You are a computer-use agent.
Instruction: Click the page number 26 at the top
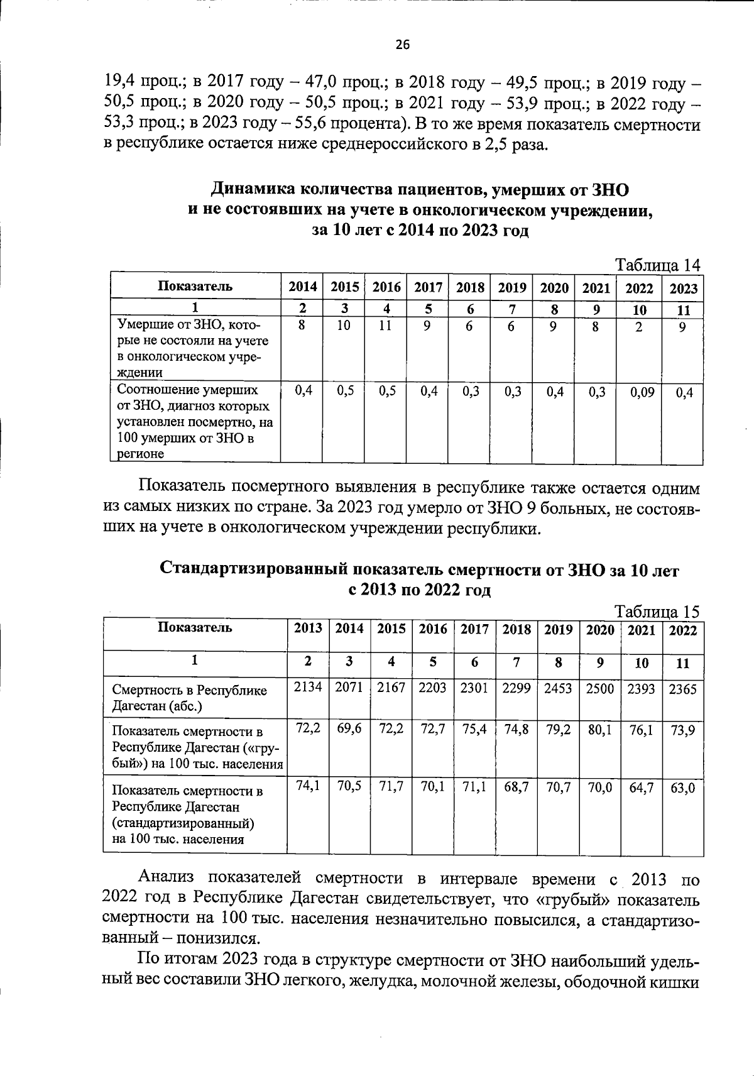[402, 45]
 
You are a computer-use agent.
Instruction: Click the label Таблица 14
[657, 265]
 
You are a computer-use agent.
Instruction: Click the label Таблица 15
[657, 612]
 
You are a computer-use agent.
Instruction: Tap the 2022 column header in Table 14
[639, 288]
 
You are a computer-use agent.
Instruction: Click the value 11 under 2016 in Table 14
[385, 326]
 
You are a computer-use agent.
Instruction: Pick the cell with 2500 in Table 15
[599, 688]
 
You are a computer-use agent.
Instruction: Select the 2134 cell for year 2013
[308, 688]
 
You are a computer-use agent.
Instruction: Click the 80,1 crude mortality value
[599, 730]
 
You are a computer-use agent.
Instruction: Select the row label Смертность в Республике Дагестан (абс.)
[188, 698]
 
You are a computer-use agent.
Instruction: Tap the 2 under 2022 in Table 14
[638, 327]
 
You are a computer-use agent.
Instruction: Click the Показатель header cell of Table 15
[195, 628]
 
